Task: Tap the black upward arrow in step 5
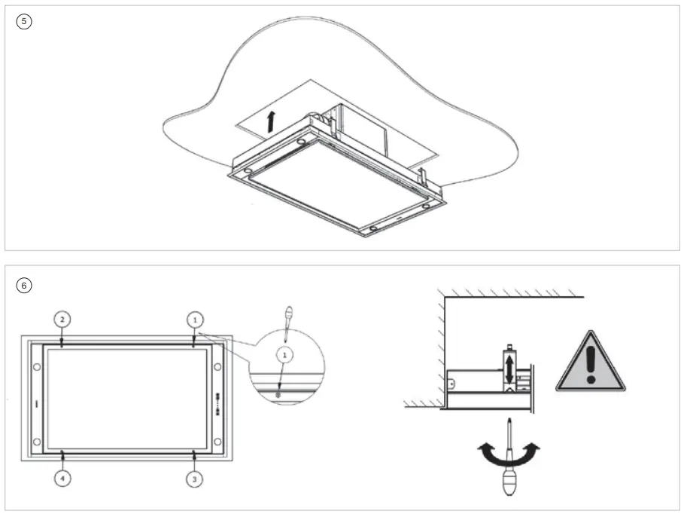(x=271, y=121)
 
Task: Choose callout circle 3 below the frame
(x=194, y=478)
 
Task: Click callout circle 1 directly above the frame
(x=194, y=319)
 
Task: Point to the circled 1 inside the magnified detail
(x=283, y=352)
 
